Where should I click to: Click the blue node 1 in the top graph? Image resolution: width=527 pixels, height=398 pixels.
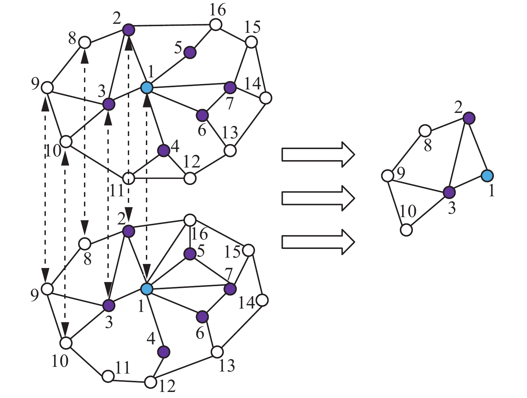[x=147, y=88]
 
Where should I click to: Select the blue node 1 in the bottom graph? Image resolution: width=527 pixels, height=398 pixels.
[x=146, y=288]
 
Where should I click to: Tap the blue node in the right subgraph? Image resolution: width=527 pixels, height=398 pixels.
[x=487, y=175]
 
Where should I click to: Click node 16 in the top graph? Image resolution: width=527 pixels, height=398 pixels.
[x=216, y=24]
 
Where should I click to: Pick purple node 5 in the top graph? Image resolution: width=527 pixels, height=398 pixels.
[x=190, y=53]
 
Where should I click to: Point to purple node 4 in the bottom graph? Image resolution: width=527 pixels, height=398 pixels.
[x=164, y=352]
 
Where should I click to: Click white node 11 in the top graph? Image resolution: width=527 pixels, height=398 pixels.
[x=128, y=179]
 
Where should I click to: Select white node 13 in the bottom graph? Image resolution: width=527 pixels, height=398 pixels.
[x=217, y=352]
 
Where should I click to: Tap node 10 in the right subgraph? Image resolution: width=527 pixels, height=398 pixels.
[x=407, y=230]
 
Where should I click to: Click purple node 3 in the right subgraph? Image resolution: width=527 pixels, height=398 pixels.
[x=449, y=192]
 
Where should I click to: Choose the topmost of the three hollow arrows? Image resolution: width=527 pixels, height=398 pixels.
[x=318, y=154]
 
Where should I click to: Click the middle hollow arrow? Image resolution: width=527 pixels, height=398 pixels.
[x=318, y=198]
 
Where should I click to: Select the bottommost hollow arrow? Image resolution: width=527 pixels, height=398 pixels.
[x=318, y=242]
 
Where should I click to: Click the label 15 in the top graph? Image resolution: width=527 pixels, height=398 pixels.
[x=252, y=27]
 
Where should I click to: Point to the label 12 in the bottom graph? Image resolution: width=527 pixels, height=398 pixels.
[x=167, y=386]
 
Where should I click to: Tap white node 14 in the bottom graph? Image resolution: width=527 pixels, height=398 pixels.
[x=262, y=300]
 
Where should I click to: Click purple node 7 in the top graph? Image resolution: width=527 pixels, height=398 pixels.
[x=230, y=87]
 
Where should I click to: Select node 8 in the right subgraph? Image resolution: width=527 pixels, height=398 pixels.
[x=425, y=131]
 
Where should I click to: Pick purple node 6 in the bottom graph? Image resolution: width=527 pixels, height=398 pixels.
[x=202, y=316]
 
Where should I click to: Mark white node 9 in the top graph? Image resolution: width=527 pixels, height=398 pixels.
[x=47, y=88]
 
